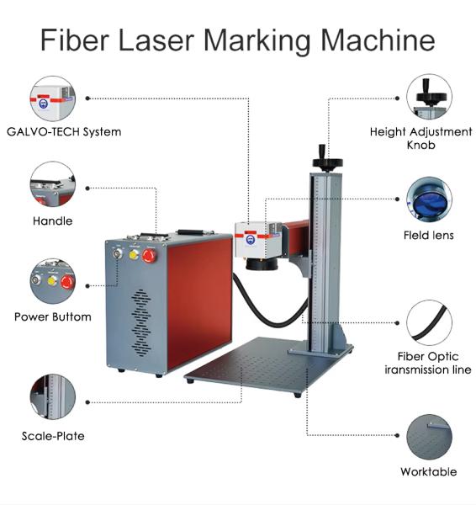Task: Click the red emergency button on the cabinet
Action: (x=149, y=256)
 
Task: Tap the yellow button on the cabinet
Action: (x=134, y=254)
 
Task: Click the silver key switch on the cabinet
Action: (x=118, y=253)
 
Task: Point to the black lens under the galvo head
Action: (x=261, y=263)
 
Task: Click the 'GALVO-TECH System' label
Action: (x=64, y=132)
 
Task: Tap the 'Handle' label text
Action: (x=52, y=221)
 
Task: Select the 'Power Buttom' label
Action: (x=53, y=317)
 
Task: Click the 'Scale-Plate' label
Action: (x=53, y=436)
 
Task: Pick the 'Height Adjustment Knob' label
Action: (x=421, y=138)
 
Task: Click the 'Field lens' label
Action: (x=429, y=235)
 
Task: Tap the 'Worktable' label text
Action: (x=429, y=472)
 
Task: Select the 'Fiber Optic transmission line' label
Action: (x=428, y=363)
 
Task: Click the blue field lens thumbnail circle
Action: (x=429, y=199)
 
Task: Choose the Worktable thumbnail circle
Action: (x=430, y=437)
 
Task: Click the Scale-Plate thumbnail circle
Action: (x=53, y=396)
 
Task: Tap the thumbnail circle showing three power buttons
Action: (x=53, y=281)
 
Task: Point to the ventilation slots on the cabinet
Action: (x=141, y=322)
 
